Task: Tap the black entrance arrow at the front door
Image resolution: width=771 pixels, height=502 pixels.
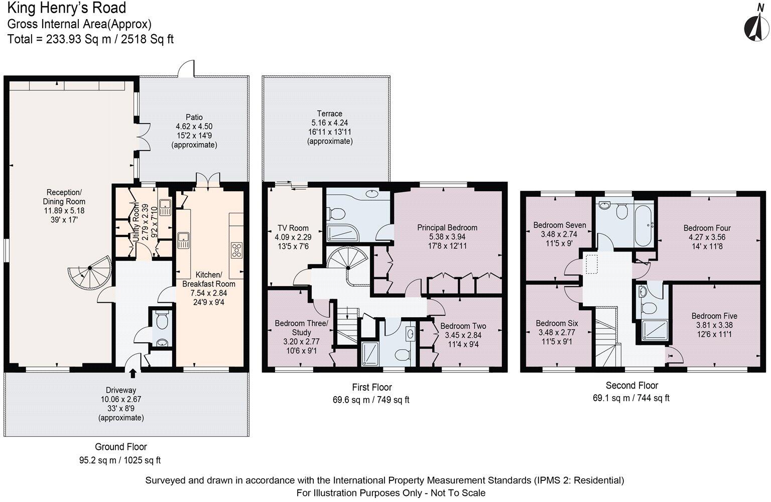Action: (133, 373)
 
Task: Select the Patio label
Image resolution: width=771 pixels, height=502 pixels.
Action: (194, 117)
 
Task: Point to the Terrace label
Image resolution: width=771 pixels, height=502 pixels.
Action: (329, 113)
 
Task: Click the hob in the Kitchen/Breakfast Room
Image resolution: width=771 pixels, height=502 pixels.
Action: (236, 250)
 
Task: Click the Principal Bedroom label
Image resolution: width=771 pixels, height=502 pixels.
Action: (447, 227)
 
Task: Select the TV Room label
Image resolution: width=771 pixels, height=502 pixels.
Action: (293, 228)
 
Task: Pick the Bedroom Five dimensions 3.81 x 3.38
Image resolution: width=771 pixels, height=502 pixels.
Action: (714, 325)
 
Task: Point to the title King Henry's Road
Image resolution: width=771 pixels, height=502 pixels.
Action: (67, 8)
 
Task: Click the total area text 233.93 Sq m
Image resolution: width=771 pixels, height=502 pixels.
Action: (90, 39)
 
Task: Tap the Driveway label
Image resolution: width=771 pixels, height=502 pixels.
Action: (120, 390)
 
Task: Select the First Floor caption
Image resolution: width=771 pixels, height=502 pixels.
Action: (371, 387)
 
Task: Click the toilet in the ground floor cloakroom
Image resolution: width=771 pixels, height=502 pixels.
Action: (162, 318)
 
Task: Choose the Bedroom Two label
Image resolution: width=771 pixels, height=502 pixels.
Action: (463, 326)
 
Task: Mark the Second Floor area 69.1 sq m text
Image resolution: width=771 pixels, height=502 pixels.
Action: (630, 398)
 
